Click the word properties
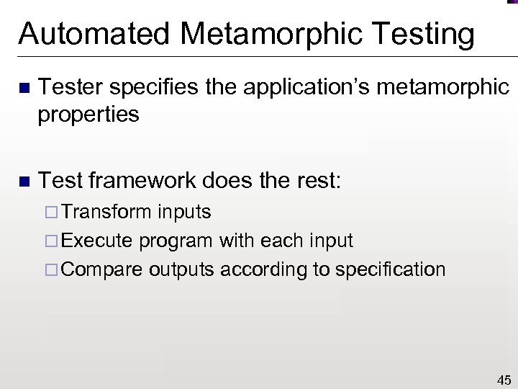pos(88,113)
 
